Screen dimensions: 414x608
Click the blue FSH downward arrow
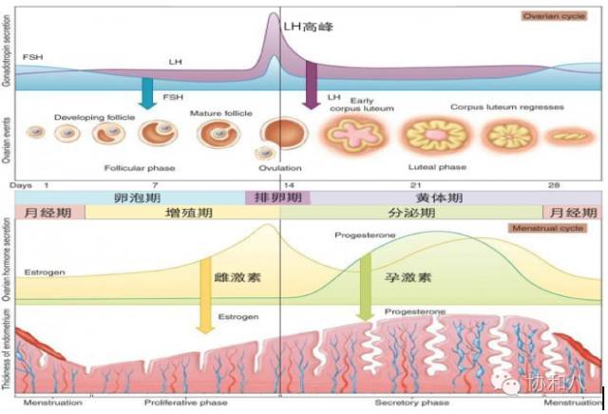point(146,92)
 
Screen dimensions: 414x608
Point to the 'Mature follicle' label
point(220,113)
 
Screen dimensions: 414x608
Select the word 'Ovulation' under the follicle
point(278,167)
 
